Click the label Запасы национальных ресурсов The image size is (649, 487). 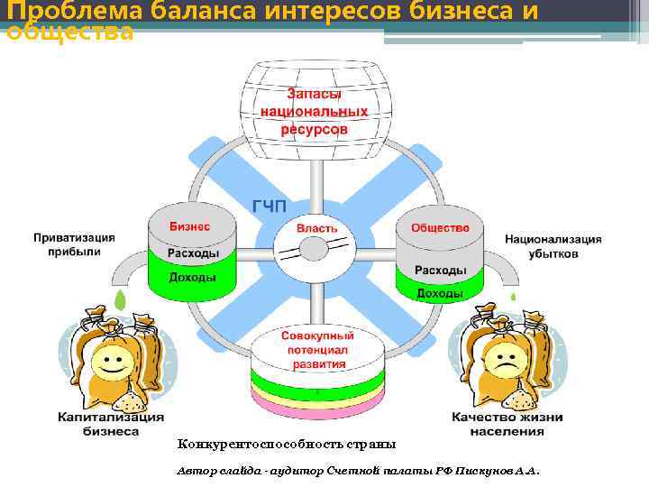315,111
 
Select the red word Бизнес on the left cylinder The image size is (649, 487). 189,226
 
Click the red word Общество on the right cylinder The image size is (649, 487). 440,227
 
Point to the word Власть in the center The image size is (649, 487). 316,228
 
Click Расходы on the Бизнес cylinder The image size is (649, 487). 193,253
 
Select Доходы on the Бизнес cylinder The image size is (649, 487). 193,277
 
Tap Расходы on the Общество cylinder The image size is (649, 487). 440,270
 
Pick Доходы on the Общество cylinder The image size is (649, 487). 440,294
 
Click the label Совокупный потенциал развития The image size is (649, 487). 315,349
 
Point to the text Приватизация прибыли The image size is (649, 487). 75,245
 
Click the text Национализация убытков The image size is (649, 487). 553,246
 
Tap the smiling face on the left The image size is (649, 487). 111,364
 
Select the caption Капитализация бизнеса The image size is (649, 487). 111,424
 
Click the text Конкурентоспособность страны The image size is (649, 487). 286,445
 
